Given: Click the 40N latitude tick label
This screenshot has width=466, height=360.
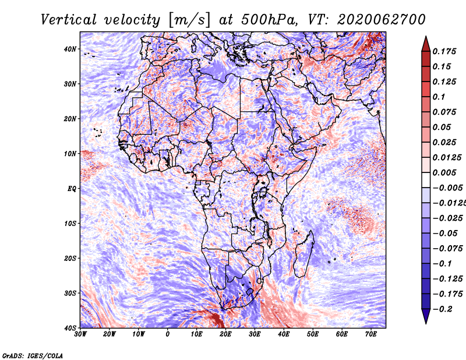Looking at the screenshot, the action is click(x=70, y=49).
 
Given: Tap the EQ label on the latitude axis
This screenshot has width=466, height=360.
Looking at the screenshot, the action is click(x=72, y=189).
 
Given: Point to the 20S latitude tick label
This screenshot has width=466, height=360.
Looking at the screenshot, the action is click(x=70, y=258).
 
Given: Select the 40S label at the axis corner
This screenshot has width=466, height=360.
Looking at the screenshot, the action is click(x=70, y=328).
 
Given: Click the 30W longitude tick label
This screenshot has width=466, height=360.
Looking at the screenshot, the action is click(x=80, y=334).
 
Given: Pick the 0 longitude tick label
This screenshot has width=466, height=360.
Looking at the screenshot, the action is click(x=168, y=334).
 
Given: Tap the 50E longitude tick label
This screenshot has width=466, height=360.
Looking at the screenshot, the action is click(x=313, y=334).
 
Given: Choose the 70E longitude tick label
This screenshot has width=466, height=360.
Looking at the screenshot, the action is click(x=371, y=334).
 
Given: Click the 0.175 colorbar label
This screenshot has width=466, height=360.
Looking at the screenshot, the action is click(x=444, y=51).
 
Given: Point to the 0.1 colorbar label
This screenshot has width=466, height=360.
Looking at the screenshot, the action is click(x=439, y=97).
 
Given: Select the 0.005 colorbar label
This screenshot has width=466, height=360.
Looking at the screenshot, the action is click(x=444, y=172).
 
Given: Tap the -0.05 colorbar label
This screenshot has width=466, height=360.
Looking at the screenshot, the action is click(x=445, y=234).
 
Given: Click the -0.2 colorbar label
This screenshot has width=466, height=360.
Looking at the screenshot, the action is click(x=443, y=309).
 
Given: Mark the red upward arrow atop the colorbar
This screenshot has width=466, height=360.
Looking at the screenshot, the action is click(x=426, y=44).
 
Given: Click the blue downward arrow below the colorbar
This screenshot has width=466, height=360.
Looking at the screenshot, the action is click(x=426, y=316).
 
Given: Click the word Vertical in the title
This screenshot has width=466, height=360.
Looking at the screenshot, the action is click(x=69, y=20).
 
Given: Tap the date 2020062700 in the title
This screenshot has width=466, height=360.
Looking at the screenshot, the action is click(x=381, y=20).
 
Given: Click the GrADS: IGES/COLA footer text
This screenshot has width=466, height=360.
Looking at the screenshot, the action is click(x=33, y=355).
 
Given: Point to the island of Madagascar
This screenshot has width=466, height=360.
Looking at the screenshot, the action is click(x=304, y=253).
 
